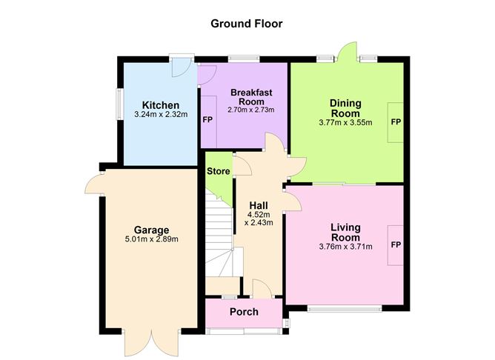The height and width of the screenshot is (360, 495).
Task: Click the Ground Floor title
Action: click(x=247, y=24)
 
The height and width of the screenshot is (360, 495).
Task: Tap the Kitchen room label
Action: click(x=161, y=105)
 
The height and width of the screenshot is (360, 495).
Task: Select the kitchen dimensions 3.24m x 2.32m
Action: click(x=161, y=116)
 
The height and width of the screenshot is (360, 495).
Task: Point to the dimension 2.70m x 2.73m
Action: click(x=250, y=110)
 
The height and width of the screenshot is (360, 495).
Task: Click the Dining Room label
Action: click(x=345, y=108)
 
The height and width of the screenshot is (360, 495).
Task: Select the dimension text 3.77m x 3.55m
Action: click(x=345, y=123)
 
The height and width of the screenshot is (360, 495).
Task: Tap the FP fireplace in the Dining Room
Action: click(x=396, y=121)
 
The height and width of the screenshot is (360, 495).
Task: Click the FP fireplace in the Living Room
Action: click(x=396, y=244)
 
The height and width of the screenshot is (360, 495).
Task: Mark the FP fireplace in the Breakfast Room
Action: click(x=208, y=119)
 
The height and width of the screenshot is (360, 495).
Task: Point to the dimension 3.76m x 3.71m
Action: click(x=345, y=247)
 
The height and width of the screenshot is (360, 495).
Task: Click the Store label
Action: click(x=218, y=171)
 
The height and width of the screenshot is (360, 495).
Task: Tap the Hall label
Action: click(x=259, y=205)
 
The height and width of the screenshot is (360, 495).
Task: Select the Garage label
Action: click(x=151, y=230)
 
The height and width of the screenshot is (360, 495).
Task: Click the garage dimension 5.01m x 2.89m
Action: click(x=151, y=239)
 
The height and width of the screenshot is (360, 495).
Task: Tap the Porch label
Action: click(x=243, y=312)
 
